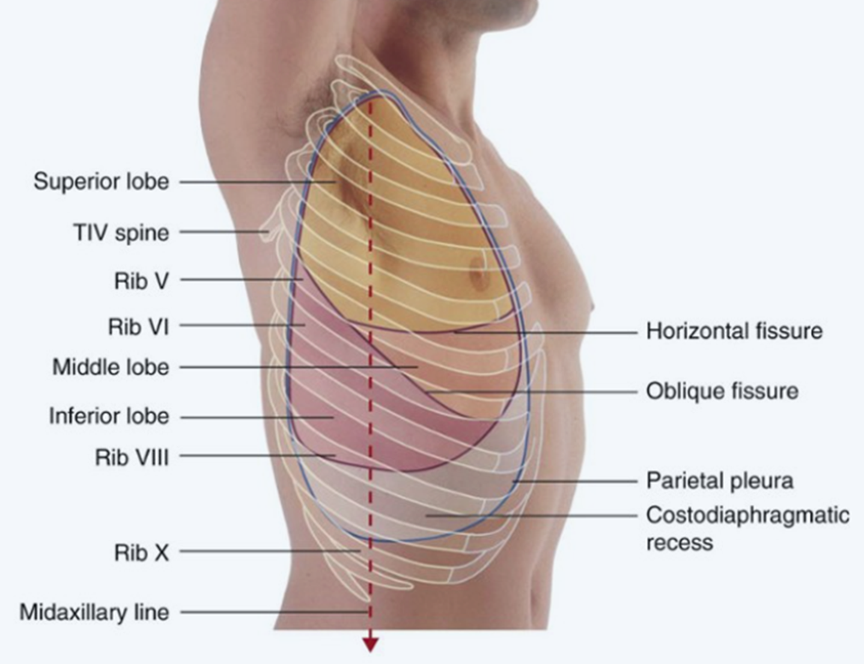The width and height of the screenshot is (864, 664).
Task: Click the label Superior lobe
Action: tap(101, 182)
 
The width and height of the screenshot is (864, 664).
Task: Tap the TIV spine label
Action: tap(119, 233)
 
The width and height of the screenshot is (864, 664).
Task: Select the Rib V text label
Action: tap(140, 280)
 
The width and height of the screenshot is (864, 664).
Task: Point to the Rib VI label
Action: tap(138, 326)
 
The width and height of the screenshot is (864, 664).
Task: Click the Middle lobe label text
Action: tap(110, 368)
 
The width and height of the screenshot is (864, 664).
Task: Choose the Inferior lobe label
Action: tap(109, 416)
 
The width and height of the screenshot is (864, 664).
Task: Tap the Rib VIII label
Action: tap(131, 456)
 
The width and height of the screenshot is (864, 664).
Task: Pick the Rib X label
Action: tap(142, 552)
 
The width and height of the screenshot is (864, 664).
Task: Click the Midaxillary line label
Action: tap(94, 612)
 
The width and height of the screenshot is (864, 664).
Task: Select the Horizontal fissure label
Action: tap(734, 330)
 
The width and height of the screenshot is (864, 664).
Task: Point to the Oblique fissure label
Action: tap(722, 391)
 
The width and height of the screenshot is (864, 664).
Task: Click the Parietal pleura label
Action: tap(719, 480)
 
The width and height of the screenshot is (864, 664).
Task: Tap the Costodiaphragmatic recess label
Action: tap(746, 527)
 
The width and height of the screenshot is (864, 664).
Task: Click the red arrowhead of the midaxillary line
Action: tap(370, 643)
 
